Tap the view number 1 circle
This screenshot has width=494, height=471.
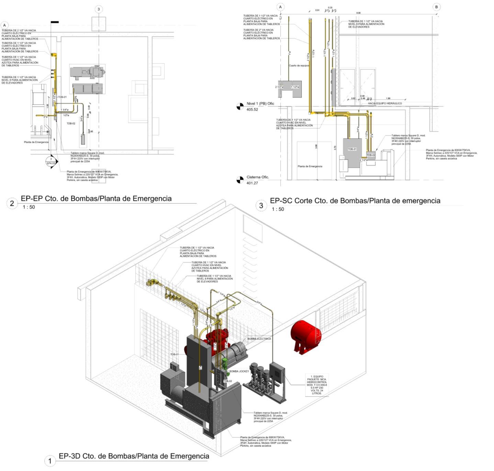(50, 460)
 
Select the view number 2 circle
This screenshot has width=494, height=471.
(12, 203)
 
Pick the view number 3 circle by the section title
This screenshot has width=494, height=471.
(261, 205)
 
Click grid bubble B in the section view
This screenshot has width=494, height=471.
(436, 7)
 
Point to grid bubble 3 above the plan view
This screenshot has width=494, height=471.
(99, 9)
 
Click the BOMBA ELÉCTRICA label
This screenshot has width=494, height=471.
(259, 339)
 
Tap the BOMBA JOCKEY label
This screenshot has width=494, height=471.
(239, 371)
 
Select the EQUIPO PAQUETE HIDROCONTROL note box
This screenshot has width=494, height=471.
(317, 385)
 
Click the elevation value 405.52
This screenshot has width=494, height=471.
(252, 109)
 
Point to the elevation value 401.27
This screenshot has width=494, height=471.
(252, 183)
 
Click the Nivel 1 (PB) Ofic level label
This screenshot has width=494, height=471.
(260, 104)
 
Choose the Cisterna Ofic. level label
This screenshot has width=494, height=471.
(258, 177)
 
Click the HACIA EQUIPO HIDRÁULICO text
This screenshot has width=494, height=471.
(385, 103)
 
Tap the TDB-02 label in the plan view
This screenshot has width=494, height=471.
(71, 123)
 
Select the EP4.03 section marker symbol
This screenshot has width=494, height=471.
(51, 161)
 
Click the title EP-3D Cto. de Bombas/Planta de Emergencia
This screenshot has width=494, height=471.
(134, 456)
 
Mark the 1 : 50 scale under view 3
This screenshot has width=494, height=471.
(278, 209)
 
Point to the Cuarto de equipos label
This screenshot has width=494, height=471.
(299, 66)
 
